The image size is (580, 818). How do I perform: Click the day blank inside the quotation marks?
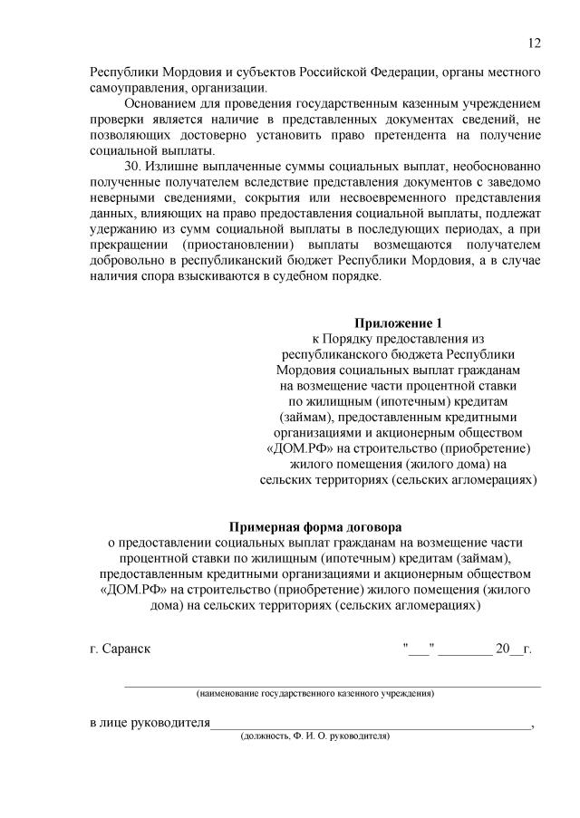tap(419, 650)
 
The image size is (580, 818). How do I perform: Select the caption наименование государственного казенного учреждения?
tap(315, 693)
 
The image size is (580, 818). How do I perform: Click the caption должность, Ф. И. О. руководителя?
tap(314, 736)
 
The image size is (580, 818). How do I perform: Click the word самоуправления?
tap(136, 87)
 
